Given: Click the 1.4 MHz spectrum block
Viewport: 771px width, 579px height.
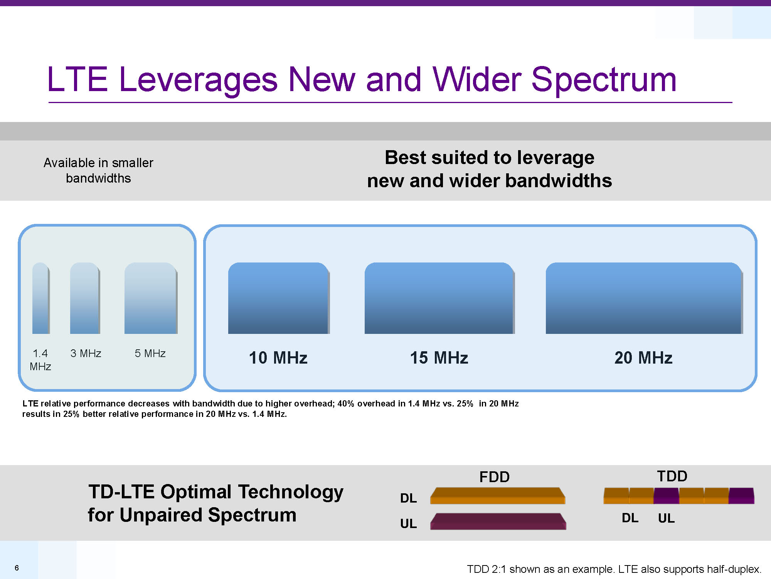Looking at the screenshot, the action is pyautogui.click(x=41, y=298).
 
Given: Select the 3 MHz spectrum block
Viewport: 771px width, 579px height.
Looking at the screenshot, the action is pyautogui.click(x=85, y=298).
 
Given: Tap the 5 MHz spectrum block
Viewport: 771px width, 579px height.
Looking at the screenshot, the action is pyautogui.click(x=151, y=298).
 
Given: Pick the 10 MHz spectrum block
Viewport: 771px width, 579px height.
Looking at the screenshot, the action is pyautogui.click(x=279, y=298).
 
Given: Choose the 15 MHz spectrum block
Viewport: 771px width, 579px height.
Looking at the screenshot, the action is pyautogui.click(x=439, y=298).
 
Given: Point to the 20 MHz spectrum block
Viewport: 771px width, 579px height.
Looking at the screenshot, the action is pyautogui.click(x=644, y=298).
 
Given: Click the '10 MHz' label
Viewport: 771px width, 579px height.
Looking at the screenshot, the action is pyautogui.click(x=278, y=358).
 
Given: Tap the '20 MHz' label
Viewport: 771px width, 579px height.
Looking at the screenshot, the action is pyautogui.click(x=643, y=358).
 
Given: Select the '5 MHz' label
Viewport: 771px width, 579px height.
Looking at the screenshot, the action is pyautogui.click(x=150, y=353).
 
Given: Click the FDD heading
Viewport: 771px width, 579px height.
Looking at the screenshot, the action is pyautogui.click(x=495, y=477).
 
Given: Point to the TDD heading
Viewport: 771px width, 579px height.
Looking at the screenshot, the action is pyautogui.click(x=672, y=476).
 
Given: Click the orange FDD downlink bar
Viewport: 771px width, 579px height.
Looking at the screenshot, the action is pyautogui.click(x=498, y=496).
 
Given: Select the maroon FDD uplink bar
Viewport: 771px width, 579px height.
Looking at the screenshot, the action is pyautogui.click(x=498, y=521).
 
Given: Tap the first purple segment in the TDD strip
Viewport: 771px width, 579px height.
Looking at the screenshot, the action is pyautogui.click(x=666, y=496).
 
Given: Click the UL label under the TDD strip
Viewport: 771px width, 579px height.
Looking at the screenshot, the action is pyautogui.click(x=667, y=518).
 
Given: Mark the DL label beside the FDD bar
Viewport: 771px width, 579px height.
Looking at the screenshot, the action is pyautogui.click(x=409, y=498).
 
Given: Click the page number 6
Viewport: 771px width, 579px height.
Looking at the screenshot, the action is pyautogui.click(x=17, y=568).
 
